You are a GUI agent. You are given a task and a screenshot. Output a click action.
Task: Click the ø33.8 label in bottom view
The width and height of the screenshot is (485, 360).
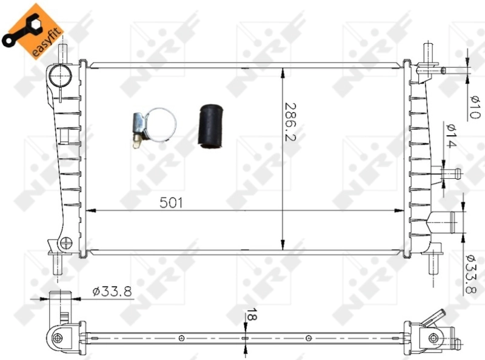pyautogui.click(x=112, y=291)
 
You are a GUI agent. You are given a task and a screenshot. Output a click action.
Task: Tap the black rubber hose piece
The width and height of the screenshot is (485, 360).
pyautogui.click(x=210, y=127)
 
